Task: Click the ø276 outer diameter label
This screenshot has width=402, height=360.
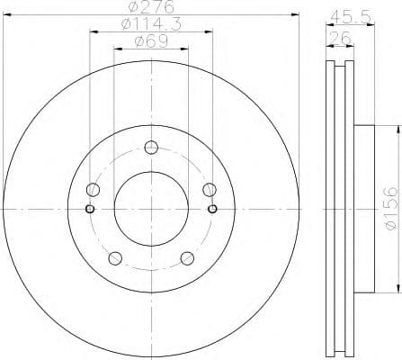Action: point(150,10)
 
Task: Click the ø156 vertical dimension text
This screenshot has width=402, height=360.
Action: point(389,209)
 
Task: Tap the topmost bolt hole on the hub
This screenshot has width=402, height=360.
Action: point(150,148)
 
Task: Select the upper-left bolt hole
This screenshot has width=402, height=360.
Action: point(93,190)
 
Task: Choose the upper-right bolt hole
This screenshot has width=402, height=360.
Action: point(208,190)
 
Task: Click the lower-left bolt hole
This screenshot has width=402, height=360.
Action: point(114,257)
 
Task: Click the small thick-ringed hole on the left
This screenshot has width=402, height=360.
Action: point(88,210)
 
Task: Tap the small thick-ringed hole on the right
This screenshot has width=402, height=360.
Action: point(212,210)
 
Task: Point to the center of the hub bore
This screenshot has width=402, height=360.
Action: point(150,209)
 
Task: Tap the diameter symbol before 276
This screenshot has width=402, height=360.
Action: point(130,10)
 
